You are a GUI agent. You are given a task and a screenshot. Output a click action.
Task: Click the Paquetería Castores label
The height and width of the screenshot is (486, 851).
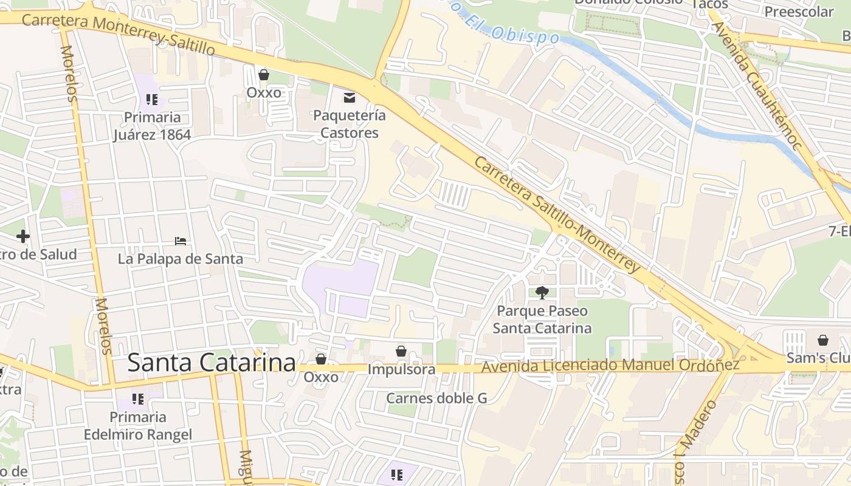pos(350,124)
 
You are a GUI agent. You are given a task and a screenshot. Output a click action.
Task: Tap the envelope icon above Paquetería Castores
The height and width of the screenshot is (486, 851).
pos(350,97)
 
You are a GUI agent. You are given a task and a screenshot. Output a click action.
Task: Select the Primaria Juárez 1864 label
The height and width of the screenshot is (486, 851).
pos(152,126)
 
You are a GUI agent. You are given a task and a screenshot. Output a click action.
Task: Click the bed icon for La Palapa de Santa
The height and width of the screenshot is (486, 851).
pos(181,241)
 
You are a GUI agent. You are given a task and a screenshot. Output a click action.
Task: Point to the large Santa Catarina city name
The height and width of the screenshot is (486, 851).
pos(212,363)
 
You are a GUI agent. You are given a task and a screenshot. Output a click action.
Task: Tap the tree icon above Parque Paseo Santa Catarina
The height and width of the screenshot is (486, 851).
pos(542,293)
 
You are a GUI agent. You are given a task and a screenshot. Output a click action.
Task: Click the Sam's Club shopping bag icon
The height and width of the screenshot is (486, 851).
pos(822,340)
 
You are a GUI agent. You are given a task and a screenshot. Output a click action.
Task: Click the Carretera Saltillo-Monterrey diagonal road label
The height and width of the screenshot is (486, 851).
pos(557,214)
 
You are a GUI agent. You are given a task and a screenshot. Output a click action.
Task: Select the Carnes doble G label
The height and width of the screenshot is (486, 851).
pos(437,399)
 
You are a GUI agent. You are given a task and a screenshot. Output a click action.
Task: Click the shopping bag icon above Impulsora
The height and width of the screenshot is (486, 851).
pos(401,351)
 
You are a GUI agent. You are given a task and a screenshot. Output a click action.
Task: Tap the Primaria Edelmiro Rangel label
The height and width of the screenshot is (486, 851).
pos(138,426)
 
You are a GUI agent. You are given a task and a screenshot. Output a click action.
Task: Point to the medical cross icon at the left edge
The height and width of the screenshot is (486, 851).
pos(23,236)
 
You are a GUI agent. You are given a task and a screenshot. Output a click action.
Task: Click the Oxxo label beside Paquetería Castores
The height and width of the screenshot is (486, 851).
pos(264,92)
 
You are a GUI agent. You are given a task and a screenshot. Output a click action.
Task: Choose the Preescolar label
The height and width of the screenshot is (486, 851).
pos(799,12)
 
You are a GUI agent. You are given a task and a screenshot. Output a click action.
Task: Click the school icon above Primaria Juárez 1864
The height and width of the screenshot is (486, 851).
pos(152,99)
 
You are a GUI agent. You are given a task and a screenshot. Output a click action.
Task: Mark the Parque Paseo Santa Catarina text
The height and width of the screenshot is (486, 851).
pos(542,320)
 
